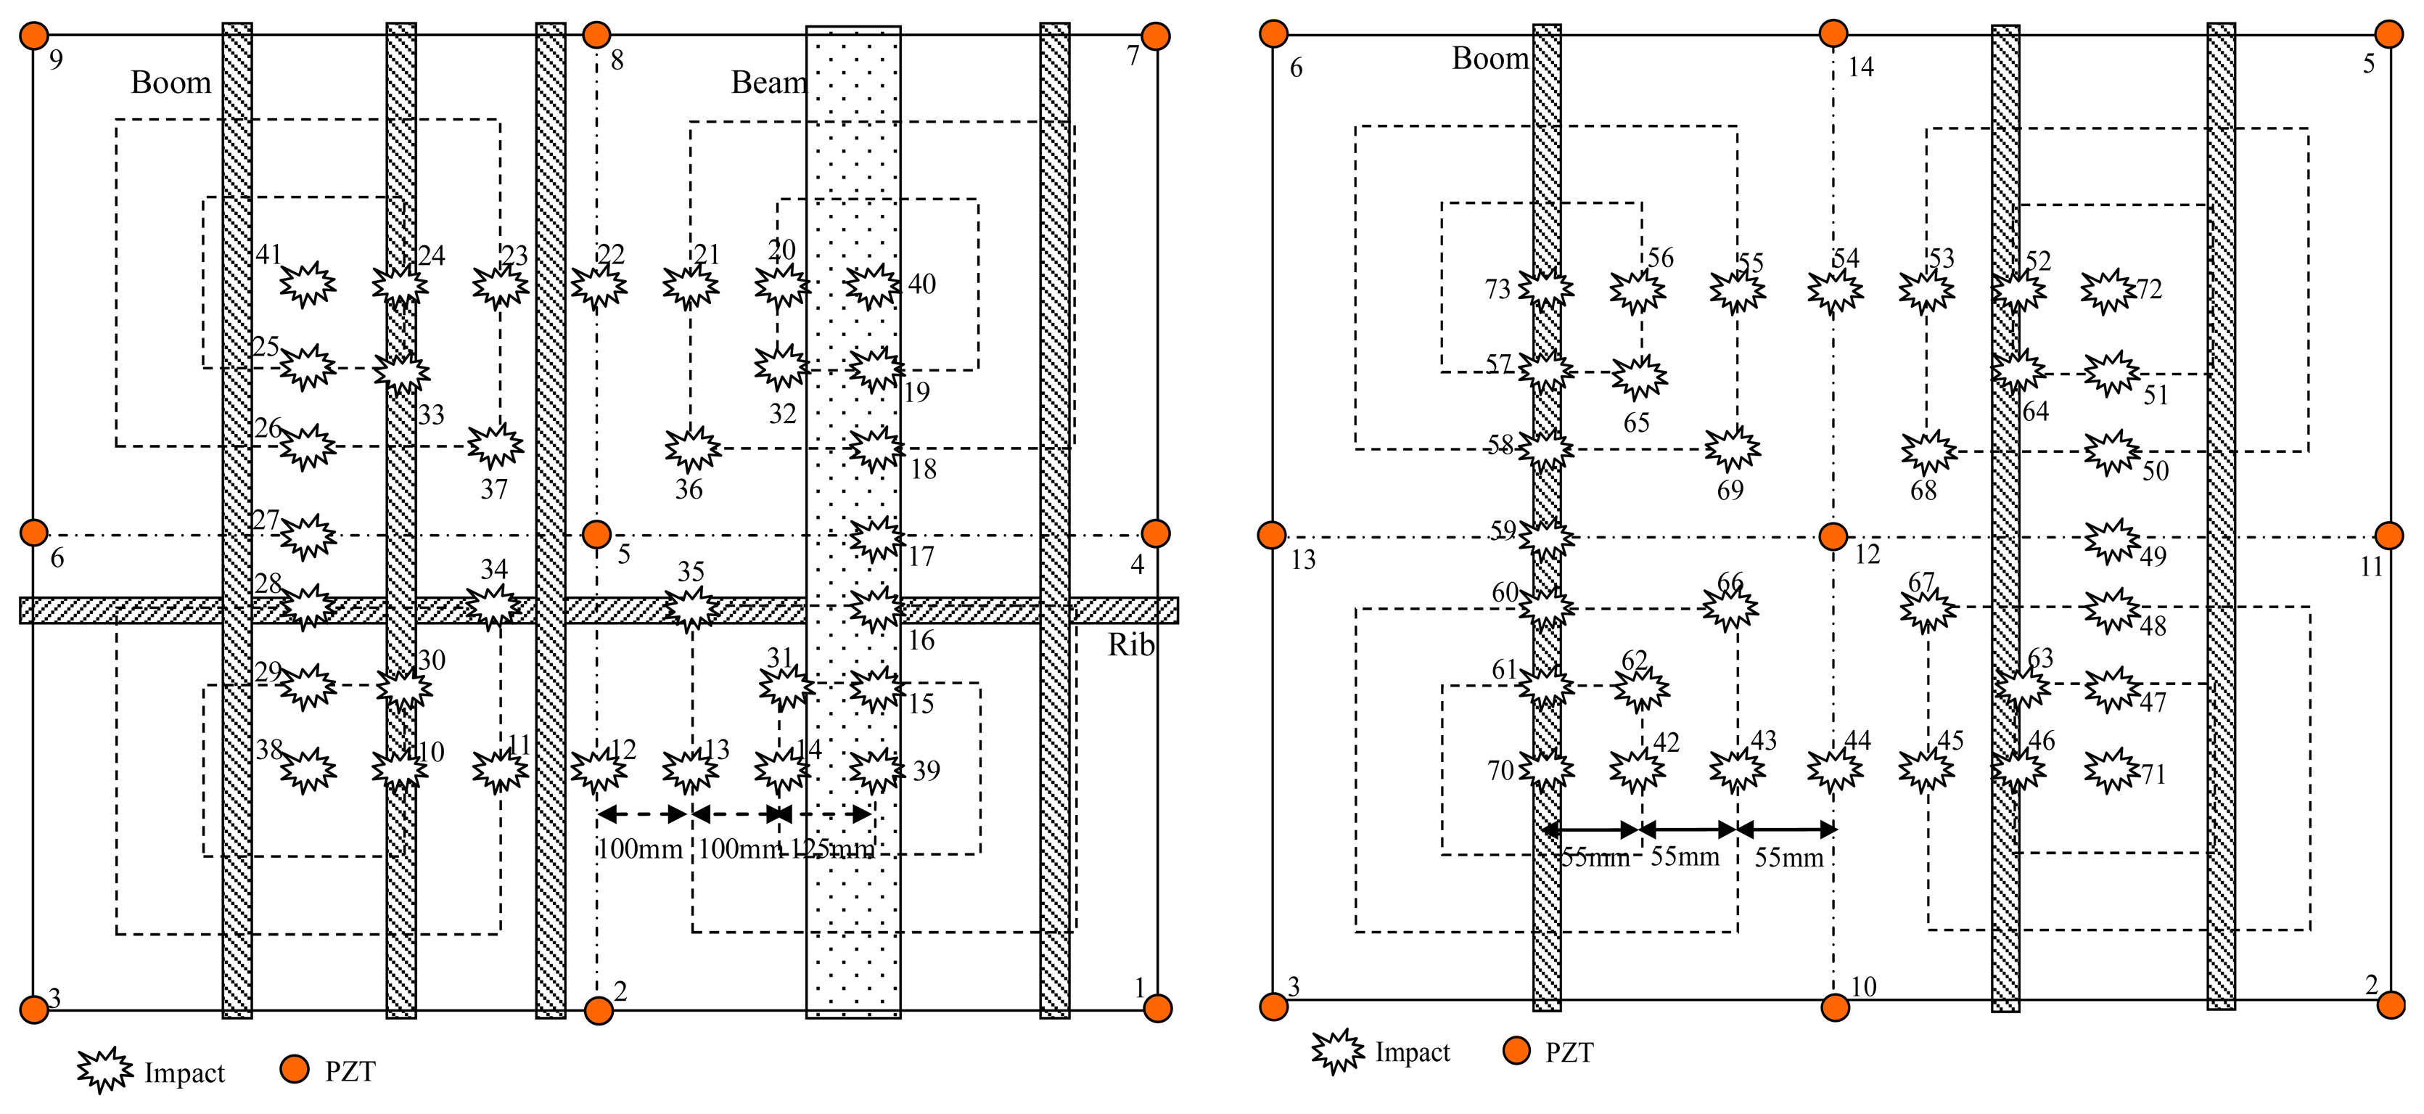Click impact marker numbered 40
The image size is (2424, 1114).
coord(872,286)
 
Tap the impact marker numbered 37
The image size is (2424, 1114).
coord(496,446)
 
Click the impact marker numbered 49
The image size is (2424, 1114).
coord(2111,541)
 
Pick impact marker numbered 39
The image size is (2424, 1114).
coord(876,771)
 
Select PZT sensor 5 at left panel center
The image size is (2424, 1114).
coord(596,534)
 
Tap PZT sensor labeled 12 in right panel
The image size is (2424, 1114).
coord(1833,536)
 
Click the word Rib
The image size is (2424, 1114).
coord(1130,645)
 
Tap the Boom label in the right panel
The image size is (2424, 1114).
coord(1490,58)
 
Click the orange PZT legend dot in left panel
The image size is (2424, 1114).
coord(295,1069)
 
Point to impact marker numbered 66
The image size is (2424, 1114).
coord(1730,608)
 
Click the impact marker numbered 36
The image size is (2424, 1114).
coord(693,450)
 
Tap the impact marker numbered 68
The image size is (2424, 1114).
coord(1928,453)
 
